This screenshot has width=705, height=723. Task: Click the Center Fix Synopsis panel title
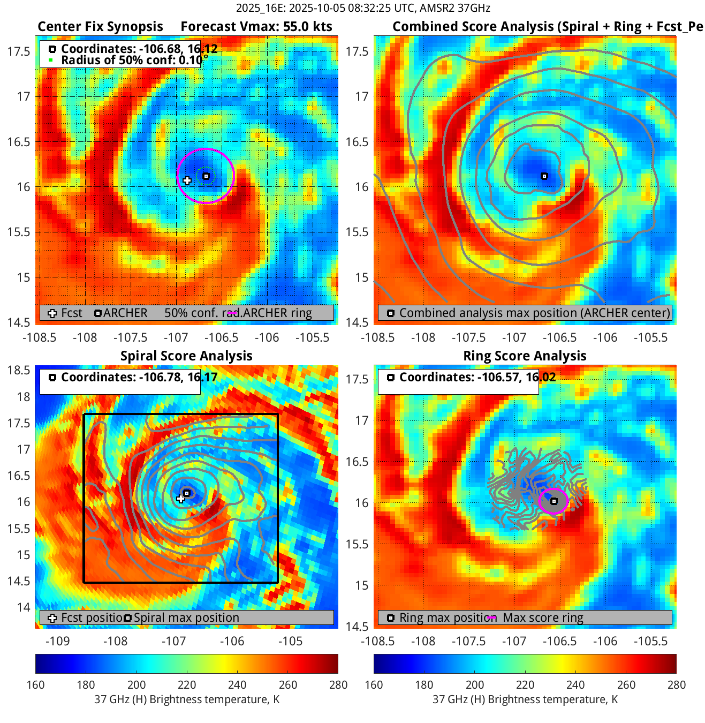point(100,27)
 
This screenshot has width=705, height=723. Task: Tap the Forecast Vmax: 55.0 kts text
point(256,27)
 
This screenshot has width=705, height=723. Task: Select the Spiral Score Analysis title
point(186,356)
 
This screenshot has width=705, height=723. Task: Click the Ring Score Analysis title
point(525,356)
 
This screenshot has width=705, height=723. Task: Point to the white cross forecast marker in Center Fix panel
point(187,180)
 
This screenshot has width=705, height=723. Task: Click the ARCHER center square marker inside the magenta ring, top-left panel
point(206,176)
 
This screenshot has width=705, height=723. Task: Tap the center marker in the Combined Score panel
point(544,176)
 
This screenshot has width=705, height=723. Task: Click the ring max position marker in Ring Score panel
point(554,501)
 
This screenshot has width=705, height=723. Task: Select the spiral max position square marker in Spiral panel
point(187,493)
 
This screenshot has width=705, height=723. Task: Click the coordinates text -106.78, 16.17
point(139,377)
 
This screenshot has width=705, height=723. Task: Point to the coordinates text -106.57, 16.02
point(477,377)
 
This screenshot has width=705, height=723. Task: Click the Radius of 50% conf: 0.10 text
point(132,60)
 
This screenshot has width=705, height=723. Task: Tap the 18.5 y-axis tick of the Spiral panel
point(19,370)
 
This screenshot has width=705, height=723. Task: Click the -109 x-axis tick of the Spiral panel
point(58,641)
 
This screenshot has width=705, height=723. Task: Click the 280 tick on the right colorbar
point(676,685)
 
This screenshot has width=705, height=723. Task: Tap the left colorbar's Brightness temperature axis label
point(187,699)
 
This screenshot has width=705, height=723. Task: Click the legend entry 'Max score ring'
point(543,617)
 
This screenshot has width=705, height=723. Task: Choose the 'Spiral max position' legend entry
point(186,617)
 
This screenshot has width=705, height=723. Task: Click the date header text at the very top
point(363,8)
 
